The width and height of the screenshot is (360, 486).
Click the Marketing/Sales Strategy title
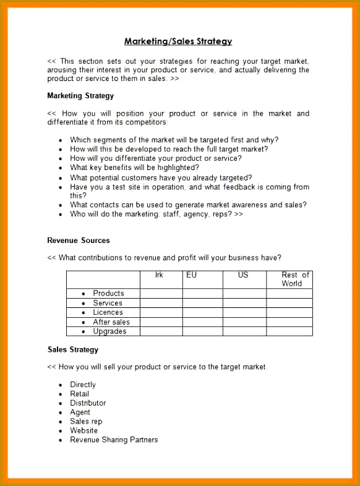coord(178,41)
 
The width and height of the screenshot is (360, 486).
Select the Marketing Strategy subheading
coord(80,96)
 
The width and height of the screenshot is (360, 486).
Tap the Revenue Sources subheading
coord(79,241)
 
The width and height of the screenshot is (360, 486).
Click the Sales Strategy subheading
coord(73,350)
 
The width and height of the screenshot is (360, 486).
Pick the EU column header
coord(191,275)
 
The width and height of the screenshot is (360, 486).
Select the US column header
coord(243,275)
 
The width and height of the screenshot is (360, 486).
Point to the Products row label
coord(108,293)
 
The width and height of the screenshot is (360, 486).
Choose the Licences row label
coord(108,312)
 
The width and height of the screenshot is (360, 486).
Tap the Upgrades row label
coord(109,331)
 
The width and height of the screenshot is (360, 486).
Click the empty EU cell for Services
coord(202,303)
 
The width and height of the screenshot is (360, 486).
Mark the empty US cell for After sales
coord(244,322)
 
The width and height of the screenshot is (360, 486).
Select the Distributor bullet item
coord(88,403)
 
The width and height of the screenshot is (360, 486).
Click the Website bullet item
coord(84,430)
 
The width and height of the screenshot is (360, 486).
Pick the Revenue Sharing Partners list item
coord(114,440)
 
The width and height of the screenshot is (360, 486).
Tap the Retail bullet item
coord(79,394)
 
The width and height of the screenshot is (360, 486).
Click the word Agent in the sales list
coord(80,412)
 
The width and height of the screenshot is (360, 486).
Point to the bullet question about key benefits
coord(134,168)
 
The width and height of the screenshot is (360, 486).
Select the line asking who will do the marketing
coord(156,214)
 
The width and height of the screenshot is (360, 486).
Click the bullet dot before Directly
coord(61,385)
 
